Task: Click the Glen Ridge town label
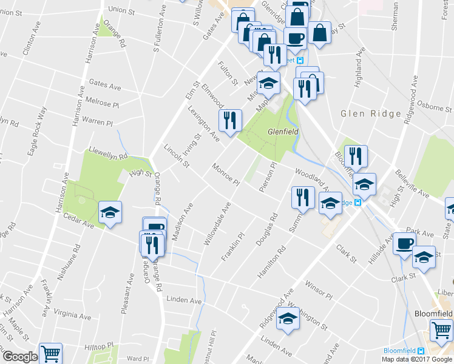coord(371,113)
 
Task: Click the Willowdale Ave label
coord(217,224)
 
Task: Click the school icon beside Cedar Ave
coord(110,213)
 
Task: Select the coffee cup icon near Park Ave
coord(404,244)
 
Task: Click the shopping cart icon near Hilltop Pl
coord(51,353)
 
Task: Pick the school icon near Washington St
coord(288,318)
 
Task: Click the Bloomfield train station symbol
coord(421,351)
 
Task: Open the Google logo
coord(19,357)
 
